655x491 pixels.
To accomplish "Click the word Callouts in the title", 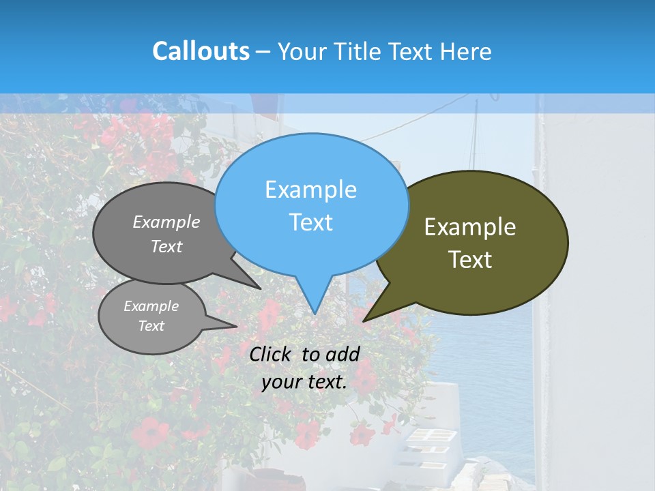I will click(201, 51).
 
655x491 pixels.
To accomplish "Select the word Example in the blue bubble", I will click(310, 190).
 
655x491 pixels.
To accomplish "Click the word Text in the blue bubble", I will click(310, 222).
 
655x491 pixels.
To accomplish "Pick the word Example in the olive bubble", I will click(470, 227).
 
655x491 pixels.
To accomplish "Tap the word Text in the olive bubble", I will click(470, 260).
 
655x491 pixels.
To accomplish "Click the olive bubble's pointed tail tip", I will click(364, 321).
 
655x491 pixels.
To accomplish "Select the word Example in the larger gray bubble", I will click(166, 222).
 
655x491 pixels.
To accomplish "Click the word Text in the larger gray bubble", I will click(166, 246).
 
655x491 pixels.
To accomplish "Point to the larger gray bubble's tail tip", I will click(260, 288).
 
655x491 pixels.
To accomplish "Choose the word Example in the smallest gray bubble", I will click(151, 306).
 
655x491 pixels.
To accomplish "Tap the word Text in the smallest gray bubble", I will click(151, 326).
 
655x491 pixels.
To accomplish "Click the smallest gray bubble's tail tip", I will click(236, 325).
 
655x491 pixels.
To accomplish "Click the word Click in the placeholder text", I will click(272, 354).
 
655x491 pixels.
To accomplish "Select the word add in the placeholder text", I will click(343, 354).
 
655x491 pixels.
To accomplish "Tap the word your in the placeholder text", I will click(281, 382).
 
